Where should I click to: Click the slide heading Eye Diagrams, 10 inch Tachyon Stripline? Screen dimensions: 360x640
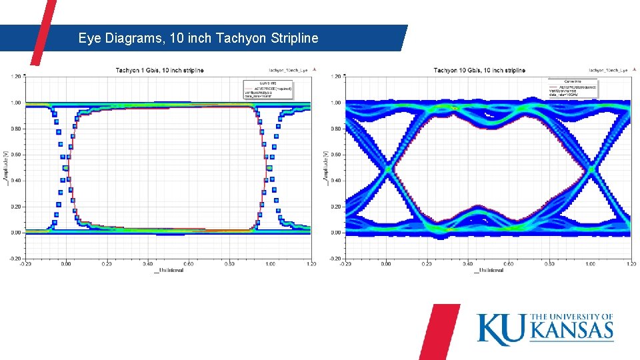(x=198, y=38)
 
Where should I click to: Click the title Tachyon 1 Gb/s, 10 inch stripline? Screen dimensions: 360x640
(x=160, y=70)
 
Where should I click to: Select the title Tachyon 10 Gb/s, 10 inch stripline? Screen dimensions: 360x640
(x=479, y=70)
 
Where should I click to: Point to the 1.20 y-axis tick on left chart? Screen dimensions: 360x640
(x=15, y=77)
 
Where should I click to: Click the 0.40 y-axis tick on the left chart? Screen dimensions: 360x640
(x=15, y=181)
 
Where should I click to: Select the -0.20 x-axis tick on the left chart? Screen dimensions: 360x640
(x=25, y=264)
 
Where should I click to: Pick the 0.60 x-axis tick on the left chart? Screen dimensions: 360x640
(x=189, y=264)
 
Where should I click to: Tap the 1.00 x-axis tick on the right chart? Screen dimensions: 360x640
(x=591, y=264)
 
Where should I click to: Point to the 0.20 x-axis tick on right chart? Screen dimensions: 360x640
(x=427, y=264)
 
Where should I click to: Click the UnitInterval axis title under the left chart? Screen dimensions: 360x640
(x=169, y=270)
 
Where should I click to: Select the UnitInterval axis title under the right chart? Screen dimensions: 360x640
(x=489, y=270)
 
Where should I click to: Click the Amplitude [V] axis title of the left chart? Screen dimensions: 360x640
(x=7, y=167)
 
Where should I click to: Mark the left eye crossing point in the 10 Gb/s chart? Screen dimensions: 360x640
(x=387, y=169)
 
